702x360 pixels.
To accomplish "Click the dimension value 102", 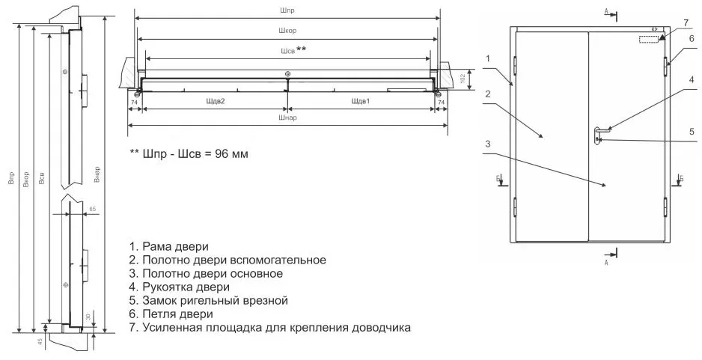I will pos(463,77).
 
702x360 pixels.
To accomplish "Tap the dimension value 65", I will pos(93,208).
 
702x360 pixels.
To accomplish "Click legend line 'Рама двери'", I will pos(168,246).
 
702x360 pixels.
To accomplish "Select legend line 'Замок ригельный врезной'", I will pos(208,300).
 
